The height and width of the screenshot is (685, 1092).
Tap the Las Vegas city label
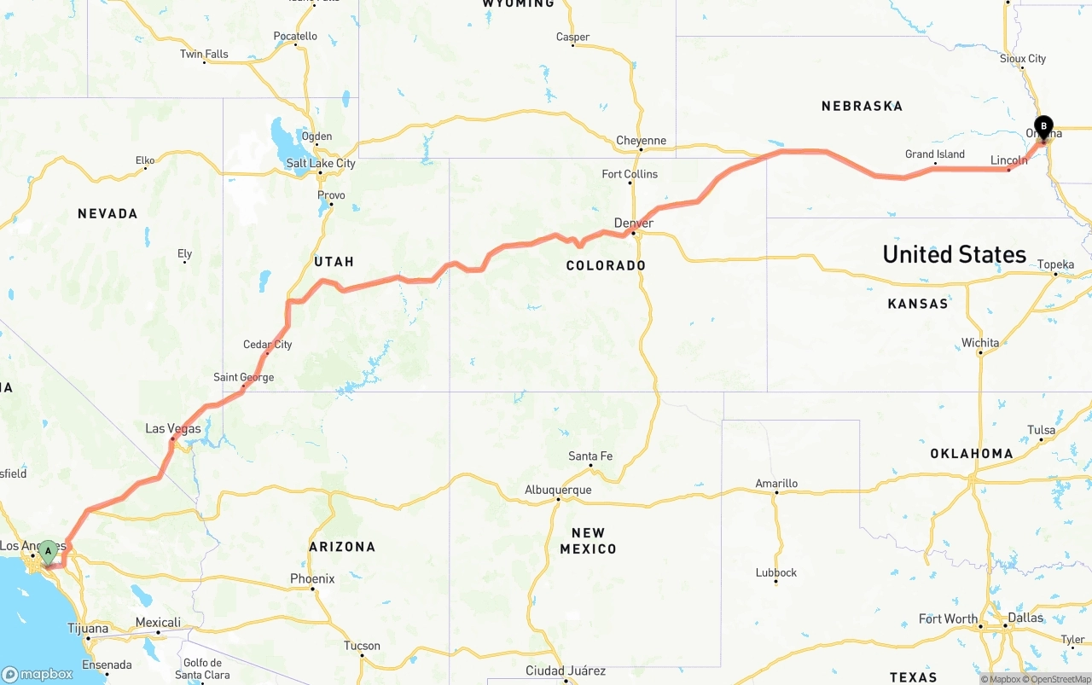173,428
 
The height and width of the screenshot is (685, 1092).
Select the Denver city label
634,223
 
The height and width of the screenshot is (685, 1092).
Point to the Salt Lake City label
321,163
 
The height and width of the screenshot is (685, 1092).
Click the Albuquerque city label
558,490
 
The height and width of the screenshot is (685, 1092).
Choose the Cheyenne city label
642,141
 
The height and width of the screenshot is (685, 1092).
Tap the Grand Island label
935,154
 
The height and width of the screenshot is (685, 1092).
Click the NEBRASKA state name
862,106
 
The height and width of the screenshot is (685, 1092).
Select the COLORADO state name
606,265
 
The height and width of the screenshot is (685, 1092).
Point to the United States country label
954,254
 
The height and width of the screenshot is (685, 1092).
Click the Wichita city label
980,343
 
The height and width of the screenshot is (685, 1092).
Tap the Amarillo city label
776,484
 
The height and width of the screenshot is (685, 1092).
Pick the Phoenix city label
312,579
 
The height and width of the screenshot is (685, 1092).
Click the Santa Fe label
590,456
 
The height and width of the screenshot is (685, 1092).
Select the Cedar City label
268,345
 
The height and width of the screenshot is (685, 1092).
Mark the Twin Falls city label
204,55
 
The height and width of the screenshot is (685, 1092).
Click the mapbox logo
38,674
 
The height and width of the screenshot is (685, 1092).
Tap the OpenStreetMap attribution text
1060,679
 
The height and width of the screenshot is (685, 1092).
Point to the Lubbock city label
776,572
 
